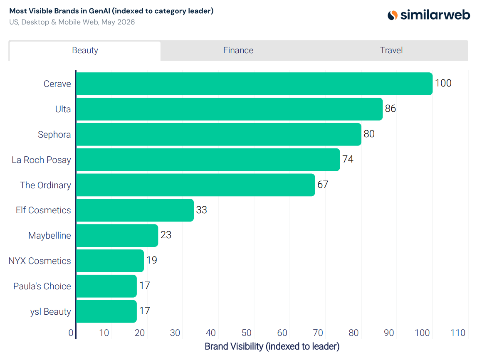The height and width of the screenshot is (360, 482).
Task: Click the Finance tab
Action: coord(238,50)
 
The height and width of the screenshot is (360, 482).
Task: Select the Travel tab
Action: coord(391,50)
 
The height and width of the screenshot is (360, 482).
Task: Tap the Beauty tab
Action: coord(85,50)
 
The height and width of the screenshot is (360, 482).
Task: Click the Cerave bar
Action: coord(254,84)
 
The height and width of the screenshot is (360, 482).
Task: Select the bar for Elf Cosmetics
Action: coord(135,210)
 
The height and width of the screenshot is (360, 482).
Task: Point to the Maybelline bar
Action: coord(117,235)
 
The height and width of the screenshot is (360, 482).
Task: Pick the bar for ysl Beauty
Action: coord(106,311)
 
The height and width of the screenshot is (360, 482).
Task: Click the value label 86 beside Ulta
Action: coord(391,108)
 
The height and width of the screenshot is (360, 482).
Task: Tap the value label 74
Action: coord(348,159)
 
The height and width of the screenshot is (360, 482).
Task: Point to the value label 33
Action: coord(201,210)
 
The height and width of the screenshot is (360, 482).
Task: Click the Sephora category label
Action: coord(54,135)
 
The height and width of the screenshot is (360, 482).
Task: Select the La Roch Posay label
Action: coord(41,160)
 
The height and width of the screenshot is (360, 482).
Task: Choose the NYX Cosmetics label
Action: coord(40,261)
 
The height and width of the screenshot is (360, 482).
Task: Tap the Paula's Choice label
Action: coord(42,286)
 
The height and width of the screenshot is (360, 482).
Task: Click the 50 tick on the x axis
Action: coord(247,333)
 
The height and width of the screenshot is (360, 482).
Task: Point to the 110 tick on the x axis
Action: coord(458,333)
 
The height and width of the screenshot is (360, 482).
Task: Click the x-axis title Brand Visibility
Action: coord(272,346)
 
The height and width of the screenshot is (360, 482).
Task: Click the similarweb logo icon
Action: coord(393,15)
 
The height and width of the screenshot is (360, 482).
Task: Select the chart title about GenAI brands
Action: coord(111,11)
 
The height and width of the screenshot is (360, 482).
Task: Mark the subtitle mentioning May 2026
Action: coord(72,22)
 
